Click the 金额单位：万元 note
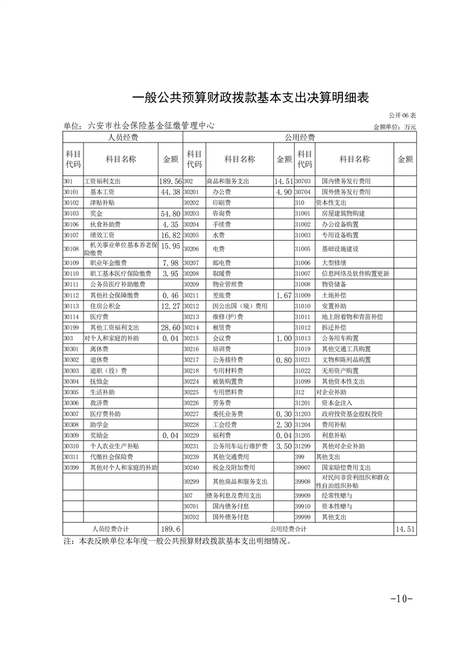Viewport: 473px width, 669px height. pos(395,127)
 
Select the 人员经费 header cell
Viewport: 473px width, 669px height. pos(123,138)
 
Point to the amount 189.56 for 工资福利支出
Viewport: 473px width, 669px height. pos(170,181)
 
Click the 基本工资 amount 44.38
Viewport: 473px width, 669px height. pos(170,192)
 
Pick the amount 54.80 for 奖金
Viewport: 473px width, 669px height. pos(170,213)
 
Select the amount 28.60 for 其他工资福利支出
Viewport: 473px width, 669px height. pos(170,327)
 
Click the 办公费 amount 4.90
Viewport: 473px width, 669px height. pos(283,192)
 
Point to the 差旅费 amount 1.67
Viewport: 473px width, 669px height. pos(283,295)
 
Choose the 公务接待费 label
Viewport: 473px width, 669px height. pos(227,360)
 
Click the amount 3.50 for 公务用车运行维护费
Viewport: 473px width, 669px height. pos(283,446)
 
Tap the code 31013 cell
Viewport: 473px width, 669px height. pos(304,338)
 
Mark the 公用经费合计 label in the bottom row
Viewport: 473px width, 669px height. pos(288,529)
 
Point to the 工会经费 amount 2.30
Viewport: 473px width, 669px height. pos(283,425)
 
